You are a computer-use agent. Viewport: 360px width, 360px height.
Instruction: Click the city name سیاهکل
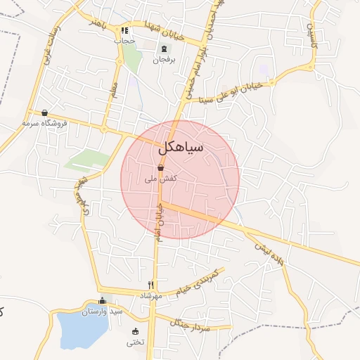pos(181,148)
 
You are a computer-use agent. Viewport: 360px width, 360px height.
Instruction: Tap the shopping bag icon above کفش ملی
pos(161,168)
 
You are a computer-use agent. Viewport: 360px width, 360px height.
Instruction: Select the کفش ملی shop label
pos(160,179)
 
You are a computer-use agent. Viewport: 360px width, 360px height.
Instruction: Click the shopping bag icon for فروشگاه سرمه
pos(45,112)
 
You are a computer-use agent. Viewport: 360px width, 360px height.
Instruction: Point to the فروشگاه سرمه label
pos(44,123)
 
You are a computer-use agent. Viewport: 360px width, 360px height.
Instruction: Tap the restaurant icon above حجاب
pos(124,30)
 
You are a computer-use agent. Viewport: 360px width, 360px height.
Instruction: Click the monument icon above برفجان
pos(164,49)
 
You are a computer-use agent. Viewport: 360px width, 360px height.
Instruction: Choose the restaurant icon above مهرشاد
pos(150,285)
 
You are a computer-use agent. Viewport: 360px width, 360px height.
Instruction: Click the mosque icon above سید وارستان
pos(102,300)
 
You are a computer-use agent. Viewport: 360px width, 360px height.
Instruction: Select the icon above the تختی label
pos(135,332)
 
